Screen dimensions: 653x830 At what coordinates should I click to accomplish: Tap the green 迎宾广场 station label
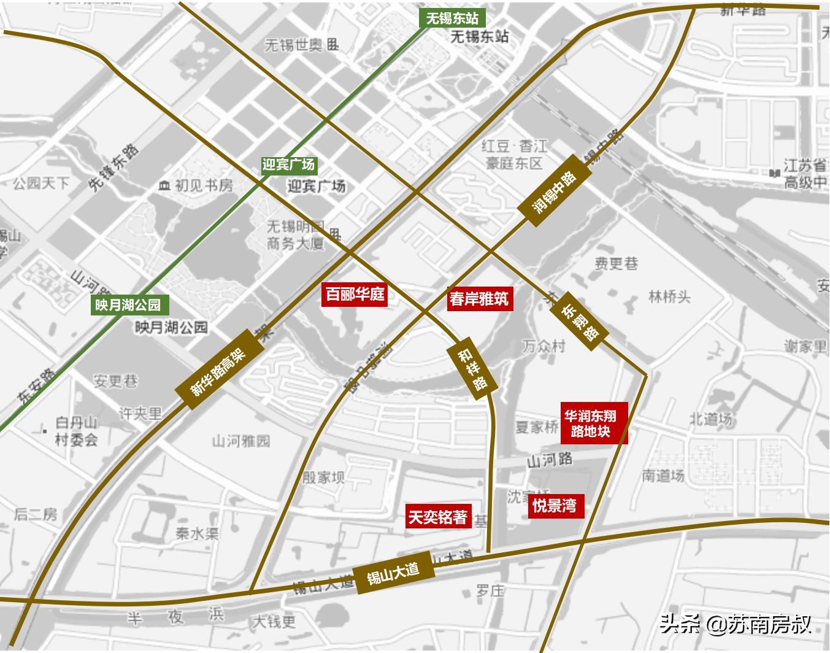(288, 164)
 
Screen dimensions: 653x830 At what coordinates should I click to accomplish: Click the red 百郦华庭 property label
(355, 295)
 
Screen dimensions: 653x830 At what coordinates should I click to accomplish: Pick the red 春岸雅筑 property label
(479, 299)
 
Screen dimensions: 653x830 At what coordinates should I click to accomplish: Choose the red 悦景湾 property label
(554, 506)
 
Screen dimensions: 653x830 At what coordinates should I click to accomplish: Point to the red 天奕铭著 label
(438, 517)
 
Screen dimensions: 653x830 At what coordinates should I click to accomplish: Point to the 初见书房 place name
(196, 185)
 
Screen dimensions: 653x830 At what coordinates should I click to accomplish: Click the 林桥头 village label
(669, 297)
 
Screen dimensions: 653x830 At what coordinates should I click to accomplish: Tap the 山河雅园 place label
(240, 441)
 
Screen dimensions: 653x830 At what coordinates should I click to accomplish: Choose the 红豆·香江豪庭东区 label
(514, 154)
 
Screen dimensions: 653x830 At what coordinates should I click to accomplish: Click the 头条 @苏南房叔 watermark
(736, 625)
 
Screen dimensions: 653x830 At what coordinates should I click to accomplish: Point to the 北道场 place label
(710, 419)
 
